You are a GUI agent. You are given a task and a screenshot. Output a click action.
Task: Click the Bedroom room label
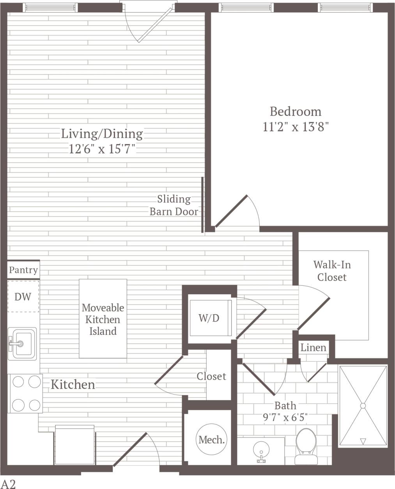coord(296,112)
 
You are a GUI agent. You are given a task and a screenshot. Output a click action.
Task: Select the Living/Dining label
coord(102,134)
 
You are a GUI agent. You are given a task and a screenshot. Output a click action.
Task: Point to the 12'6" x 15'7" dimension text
coord(102,149)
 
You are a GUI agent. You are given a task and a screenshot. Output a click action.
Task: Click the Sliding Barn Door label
coord(174,205)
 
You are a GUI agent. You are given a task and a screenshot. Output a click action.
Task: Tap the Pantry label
coord(23,270)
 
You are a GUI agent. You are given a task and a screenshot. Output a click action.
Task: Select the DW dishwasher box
coord(23,297)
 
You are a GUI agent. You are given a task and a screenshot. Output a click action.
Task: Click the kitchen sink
coord(23,344)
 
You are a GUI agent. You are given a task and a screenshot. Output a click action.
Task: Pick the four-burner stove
coord(25,393)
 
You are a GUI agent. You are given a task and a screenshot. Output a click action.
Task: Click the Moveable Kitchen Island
coord(103,319)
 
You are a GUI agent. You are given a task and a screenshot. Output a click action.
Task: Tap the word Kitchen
coord(73,384)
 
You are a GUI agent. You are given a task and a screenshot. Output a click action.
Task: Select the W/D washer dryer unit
coord(209,318)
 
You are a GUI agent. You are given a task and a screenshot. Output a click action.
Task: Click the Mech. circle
coord(211,440)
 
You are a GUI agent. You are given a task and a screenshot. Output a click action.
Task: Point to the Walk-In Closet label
coord(332,271)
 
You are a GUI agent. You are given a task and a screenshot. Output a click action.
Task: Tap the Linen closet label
coord(313,347)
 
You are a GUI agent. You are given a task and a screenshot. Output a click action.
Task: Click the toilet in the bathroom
coord(305,446)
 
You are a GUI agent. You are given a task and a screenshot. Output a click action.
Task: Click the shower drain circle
coord(363,406)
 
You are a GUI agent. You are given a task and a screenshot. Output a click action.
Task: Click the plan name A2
coord(8,484)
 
